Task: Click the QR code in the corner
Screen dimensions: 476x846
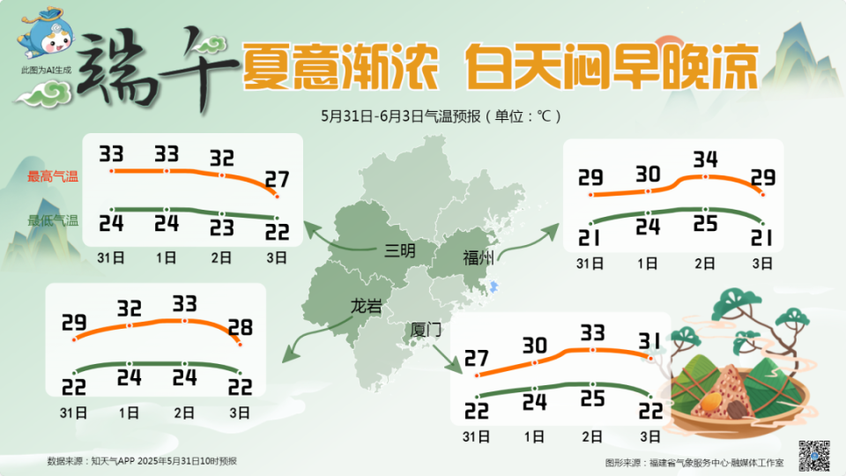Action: click(814, 454)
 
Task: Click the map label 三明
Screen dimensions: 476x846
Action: click(400, 250)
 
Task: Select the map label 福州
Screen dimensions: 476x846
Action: click(479, 258)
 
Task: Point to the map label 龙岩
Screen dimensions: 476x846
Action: click(367, 306)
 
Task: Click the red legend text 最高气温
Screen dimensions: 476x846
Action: click(53, 176)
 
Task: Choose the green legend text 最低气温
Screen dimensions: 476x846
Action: click(53, 220)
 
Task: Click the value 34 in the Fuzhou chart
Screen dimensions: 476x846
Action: click(705, 160)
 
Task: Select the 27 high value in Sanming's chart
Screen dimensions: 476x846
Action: click(277, 180)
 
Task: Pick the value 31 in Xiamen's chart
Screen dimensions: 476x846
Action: click(650, 339)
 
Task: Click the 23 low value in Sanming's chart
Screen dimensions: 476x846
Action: click(221, 227)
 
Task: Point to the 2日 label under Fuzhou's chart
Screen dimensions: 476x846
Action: click(705, 263)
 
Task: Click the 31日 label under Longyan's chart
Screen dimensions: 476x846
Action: click(73, 412)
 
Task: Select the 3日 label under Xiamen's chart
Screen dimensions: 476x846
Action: click(650, 435)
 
